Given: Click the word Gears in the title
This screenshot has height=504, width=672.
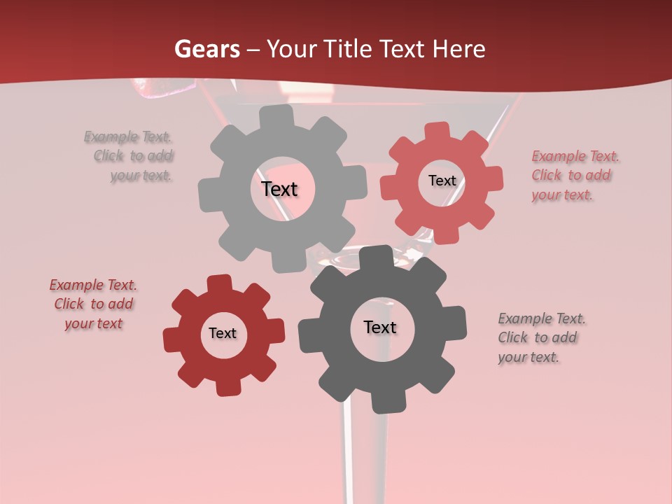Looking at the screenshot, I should pos(206,49).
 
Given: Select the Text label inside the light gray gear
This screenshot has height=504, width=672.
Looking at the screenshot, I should pos(280,189).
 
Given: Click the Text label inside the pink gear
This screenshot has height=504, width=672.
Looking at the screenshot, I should pos(442,181).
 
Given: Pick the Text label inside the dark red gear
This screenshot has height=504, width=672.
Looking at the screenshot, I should pos(223,333).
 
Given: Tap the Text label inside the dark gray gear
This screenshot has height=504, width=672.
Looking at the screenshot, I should pos(380,327).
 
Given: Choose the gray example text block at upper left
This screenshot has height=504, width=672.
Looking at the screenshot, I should pos(133,156).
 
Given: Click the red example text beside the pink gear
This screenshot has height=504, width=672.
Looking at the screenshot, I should pos(574,175).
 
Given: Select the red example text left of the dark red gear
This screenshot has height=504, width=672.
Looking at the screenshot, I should pos(93,304).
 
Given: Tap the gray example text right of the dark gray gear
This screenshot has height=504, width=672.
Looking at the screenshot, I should pos(540,337).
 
